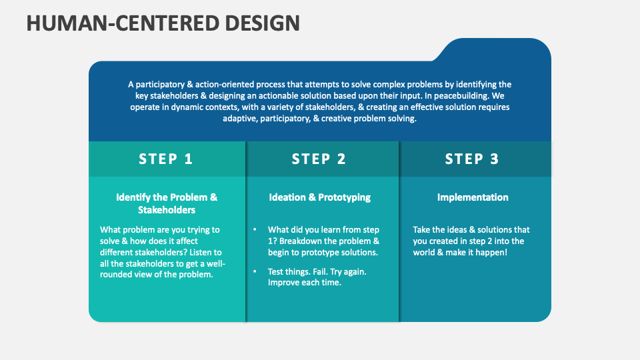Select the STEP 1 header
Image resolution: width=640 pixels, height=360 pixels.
[166, 159]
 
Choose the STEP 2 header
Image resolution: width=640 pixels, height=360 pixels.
[319, 159]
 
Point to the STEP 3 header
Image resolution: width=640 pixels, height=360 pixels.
[472, 159]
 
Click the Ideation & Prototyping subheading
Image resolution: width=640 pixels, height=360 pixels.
[319, 197]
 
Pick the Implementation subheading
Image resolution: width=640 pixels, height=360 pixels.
[472, 197]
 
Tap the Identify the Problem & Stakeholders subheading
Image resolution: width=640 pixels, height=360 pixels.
[167, 203]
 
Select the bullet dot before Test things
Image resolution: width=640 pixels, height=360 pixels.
[255, 272]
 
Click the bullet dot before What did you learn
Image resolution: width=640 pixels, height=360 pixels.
[255, 229]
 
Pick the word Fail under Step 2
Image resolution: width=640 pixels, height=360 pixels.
[317, 272]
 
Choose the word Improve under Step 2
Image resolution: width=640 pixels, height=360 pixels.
[285, 283]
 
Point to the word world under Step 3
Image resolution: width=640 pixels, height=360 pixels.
[425, 253]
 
